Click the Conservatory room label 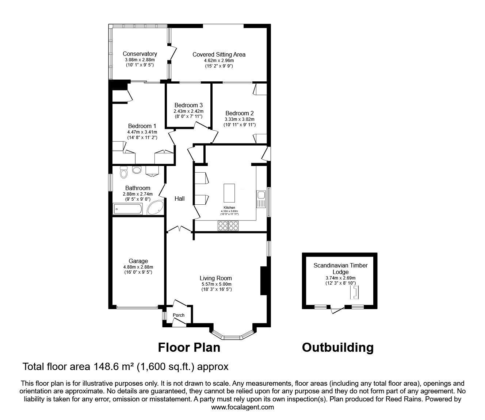pos(140,54)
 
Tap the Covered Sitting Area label pos(219,54)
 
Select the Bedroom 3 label pos(188,105)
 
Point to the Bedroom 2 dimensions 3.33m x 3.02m pos(240,119)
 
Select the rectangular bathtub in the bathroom pos(127,209)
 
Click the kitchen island pos(229,192)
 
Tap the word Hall pos(179,199)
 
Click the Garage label pos(138,261)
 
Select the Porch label pos(179,315)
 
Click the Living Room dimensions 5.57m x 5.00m pos(216,284)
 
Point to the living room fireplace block pos(263,280)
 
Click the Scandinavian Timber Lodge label pos(340,269)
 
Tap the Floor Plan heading pos(189,347)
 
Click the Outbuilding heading pos(337,347)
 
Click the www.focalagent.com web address pos(242,407)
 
